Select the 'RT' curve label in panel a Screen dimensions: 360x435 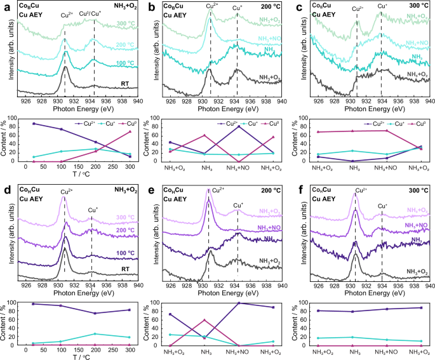(124, 83)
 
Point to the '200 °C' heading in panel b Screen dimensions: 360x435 (269, 5)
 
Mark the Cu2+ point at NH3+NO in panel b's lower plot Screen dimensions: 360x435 (238, 126)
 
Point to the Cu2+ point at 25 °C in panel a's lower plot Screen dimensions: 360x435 (34, 123)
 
